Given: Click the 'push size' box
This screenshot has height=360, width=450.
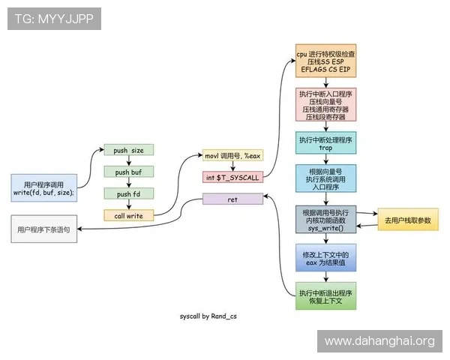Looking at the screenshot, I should click(x=128, y=150).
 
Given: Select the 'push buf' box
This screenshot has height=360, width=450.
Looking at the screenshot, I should click(x=128, y=172).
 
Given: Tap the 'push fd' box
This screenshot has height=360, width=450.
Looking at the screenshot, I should click(x=128, y=193).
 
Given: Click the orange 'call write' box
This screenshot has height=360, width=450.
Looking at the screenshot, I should click(x=128, y=215).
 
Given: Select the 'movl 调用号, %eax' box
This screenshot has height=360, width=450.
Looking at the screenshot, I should click(x=232, y=155).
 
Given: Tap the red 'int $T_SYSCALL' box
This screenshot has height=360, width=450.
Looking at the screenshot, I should click(x=232, y=178).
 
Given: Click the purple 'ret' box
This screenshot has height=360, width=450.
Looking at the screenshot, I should click(x=232, y=199).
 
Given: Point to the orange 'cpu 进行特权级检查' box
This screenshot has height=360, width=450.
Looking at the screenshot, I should click(x=326, y=62).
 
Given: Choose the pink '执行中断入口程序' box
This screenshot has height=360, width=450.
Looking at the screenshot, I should click(x=326, y=105).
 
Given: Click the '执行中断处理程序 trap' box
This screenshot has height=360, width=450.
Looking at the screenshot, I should click(x=326, y=144).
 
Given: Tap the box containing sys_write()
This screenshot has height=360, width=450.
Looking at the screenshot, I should click(x=326, y=220).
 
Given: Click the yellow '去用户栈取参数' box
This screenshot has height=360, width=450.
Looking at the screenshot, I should click(x=408, y=219).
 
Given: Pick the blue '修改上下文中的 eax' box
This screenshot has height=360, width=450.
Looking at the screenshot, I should click(x=326, y=259).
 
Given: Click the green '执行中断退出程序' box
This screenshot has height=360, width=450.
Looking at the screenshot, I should click(x=326, y=296).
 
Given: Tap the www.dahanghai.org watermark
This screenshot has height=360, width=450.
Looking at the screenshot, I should click(x=379, y=341).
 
